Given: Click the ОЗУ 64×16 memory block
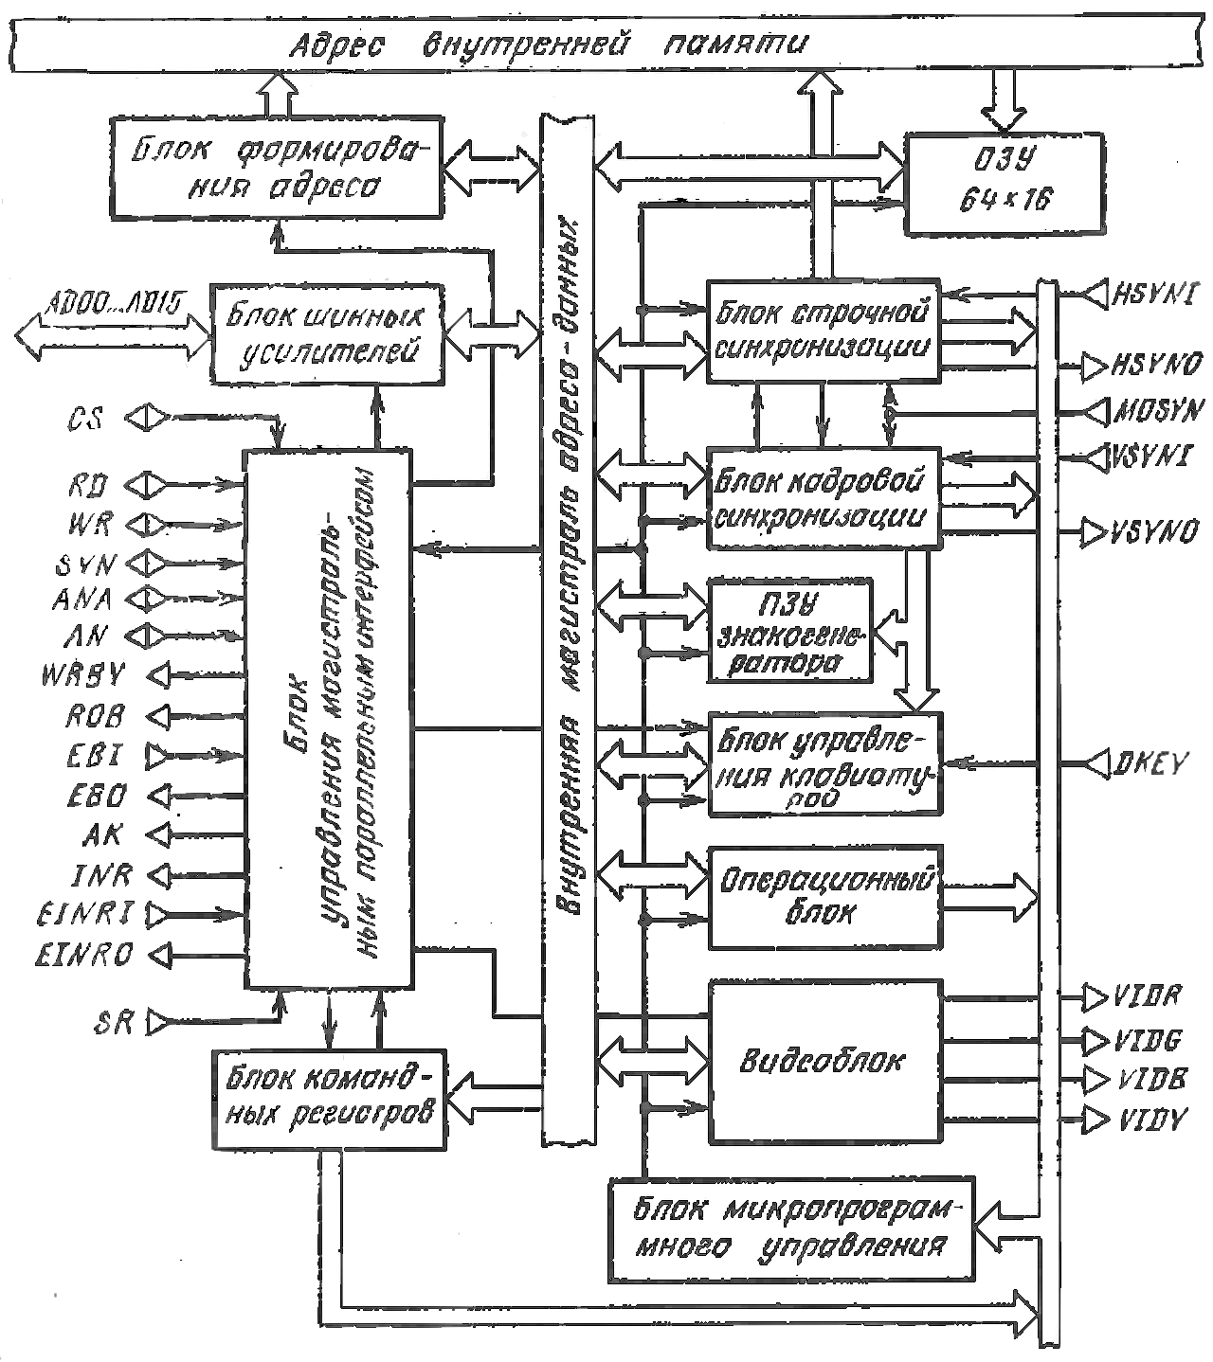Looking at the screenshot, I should pos(1005,185).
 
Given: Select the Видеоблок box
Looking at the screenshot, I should pos(824,1062).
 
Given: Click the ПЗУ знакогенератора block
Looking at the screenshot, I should pos(790,631).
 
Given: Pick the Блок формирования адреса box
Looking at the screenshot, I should pos(276,167).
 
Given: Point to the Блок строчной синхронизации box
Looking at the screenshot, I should pos(824,330).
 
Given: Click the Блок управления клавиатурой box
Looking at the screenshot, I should pos(824,763).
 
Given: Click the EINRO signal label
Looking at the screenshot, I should pos(85,953).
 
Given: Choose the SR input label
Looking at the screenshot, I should pos(114,1023).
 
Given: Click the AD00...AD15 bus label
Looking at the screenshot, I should pos(114,303).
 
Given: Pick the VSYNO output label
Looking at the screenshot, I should pos(1155,532).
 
